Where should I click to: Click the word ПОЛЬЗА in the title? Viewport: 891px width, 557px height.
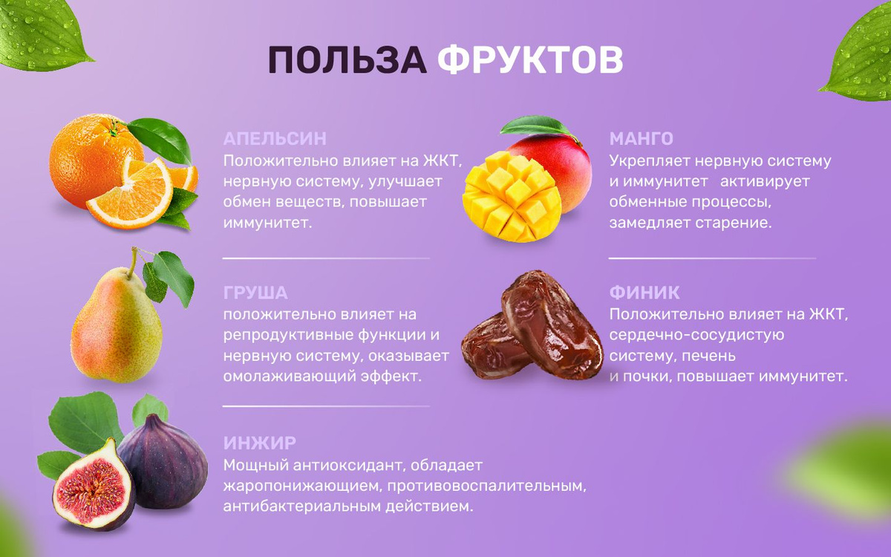tap(347, 59)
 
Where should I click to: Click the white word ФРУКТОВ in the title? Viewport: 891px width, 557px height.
tap(530, 59)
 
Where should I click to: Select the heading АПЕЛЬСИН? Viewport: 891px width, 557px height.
tap(275, 139)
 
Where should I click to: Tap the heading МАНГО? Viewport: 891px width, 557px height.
tap(642, 139)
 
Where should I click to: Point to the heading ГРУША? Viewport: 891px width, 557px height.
tap(255, 293)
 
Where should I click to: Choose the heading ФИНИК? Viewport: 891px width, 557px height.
tap(644, 293)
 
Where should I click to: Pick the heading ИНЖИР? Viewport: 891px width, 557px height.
tap(260, 443)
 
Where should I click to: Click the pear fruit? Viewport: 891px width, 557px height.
tap(116, 326)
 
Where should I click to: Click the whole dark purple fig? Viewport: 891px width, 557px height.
tap(163, 461)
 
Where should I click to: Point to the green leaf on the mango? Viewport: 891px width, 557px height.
tap(535, 126)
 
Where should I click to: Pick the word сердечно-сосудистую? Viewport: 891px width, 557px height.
tap(696, 336)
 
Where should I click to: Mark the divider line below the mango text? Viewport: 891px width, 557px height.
tap(712, 258)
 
